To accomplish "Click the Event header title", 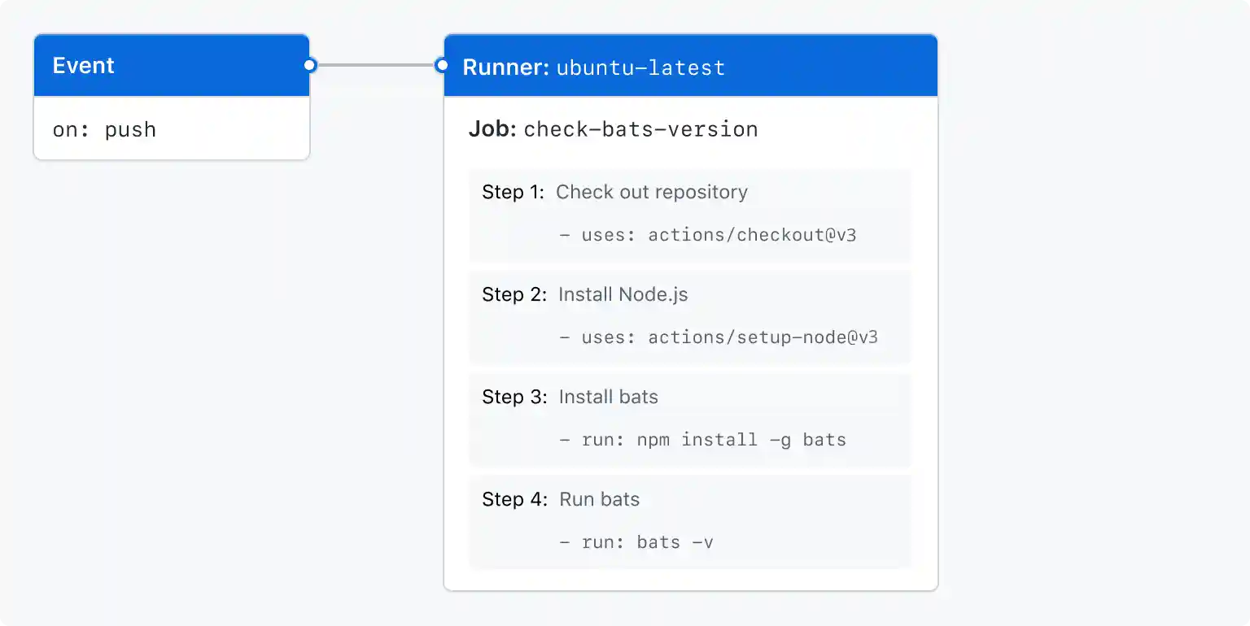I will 84,66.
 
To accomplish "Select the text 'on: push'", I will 104,130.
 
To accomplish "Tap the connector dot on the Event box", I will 309,65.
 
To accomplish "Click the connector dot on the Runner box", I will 442,65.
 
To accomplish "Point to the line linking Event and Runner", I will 375,65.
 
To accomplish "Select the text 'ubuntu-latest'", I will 640,67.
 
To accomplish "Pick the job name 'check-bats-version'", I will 640,129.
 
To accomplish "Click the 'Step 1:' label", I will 514,193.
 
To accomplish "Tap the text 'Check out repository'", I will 652,193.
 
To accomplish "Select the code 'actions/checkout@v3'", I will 752,236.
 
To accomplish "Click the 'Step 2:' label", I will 514,294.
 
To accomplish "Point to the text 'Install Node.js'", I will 623,294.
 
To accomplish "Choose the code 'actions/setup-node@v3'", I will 763,337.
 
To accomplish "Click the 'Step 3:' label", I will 514,397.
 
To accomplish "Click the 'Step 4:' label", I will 514,499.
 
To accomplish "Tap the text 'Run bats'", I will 600,499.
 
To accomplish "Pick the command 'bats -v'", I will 675,542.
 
